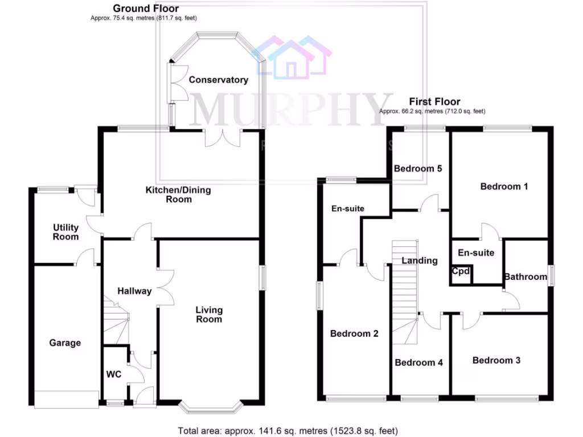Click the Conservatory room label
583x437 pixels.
coord(219,80)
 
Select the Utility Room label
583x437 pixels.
coord(65,232)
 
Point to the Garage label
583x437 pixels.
coord(65,343)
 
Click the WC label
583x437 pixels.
coord(114,375)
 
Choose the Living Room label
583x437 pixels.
coord(209,315)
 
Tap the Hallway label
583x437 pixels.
coord(134,291)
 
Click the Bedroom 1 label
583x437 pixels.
coord(500,187)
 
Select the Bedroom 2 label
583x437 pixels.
coord(354,334)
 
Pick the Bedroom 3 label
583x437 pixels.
coord(496,360)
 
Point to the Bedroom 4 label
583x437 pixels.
coord(419,362)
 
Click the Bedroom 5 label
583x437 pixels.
coord(418,168)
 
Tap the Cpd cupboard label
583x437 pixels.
coord(461,272)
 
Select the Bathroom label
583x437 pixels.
coord(525,277)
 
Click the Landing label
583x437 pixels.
coord(420,261)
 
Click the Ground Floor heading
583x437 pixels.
coord(146,9)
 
